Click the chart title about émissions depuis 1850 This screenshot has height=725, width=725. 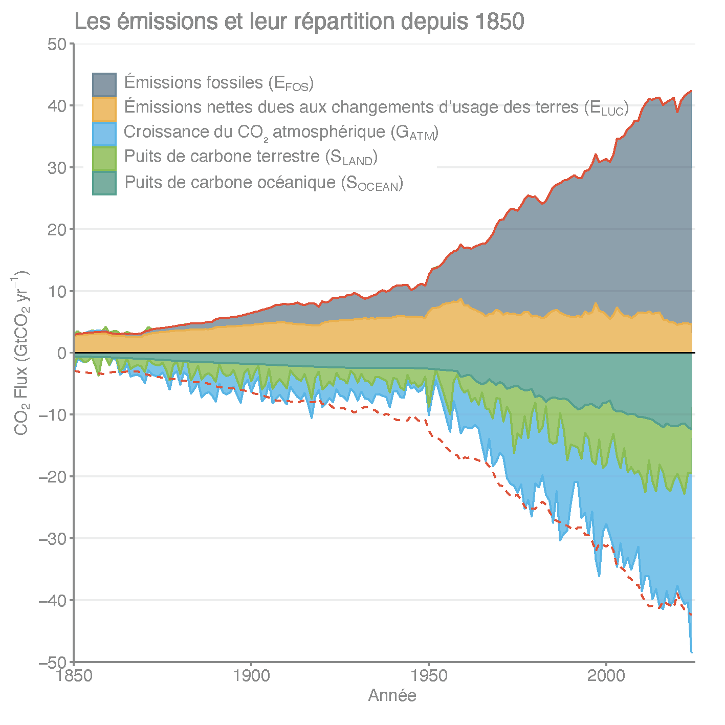pos(299,21)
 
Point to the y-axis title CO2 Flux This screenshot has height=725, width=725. pos(20,353)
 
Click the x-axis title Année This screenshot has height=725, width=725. pos(392,695)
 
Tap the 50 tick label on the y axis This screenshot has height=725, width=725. pos(57,44)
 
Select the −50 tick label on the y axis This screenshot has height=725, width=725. pos(53,662)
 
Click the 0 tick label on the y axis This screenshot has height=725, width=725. pos(62,353)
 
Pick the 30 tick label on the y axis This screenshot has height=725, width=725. pos(57,168)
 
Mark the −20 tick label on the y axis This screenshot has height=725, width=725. pos(53,477)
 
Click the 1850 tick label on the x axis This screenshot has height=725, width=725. pos(75,676)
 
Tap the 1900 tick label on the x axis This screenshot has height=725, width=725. pos(251,676)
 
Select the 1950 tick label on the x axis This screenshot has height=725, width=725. pos(429,676)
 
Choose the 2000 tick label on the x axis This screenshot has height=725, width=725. pos(606,676)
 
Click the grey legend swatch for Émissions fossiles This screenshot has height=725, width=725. pos(104,84)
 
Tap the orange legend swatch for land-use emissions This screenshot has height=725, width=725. pos(104,109)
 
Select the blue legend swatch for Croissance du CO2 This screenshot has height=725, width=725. pos(104,134)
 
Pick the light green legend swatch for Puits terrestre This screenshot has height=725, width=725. pos(104,158)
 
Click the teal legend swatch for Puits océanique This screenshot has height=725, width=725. pos(104,183)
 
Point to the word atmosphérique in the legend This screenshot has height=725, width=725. pos(329,133)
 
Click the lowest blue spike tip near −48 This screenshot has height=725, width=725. pos(692,652)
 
